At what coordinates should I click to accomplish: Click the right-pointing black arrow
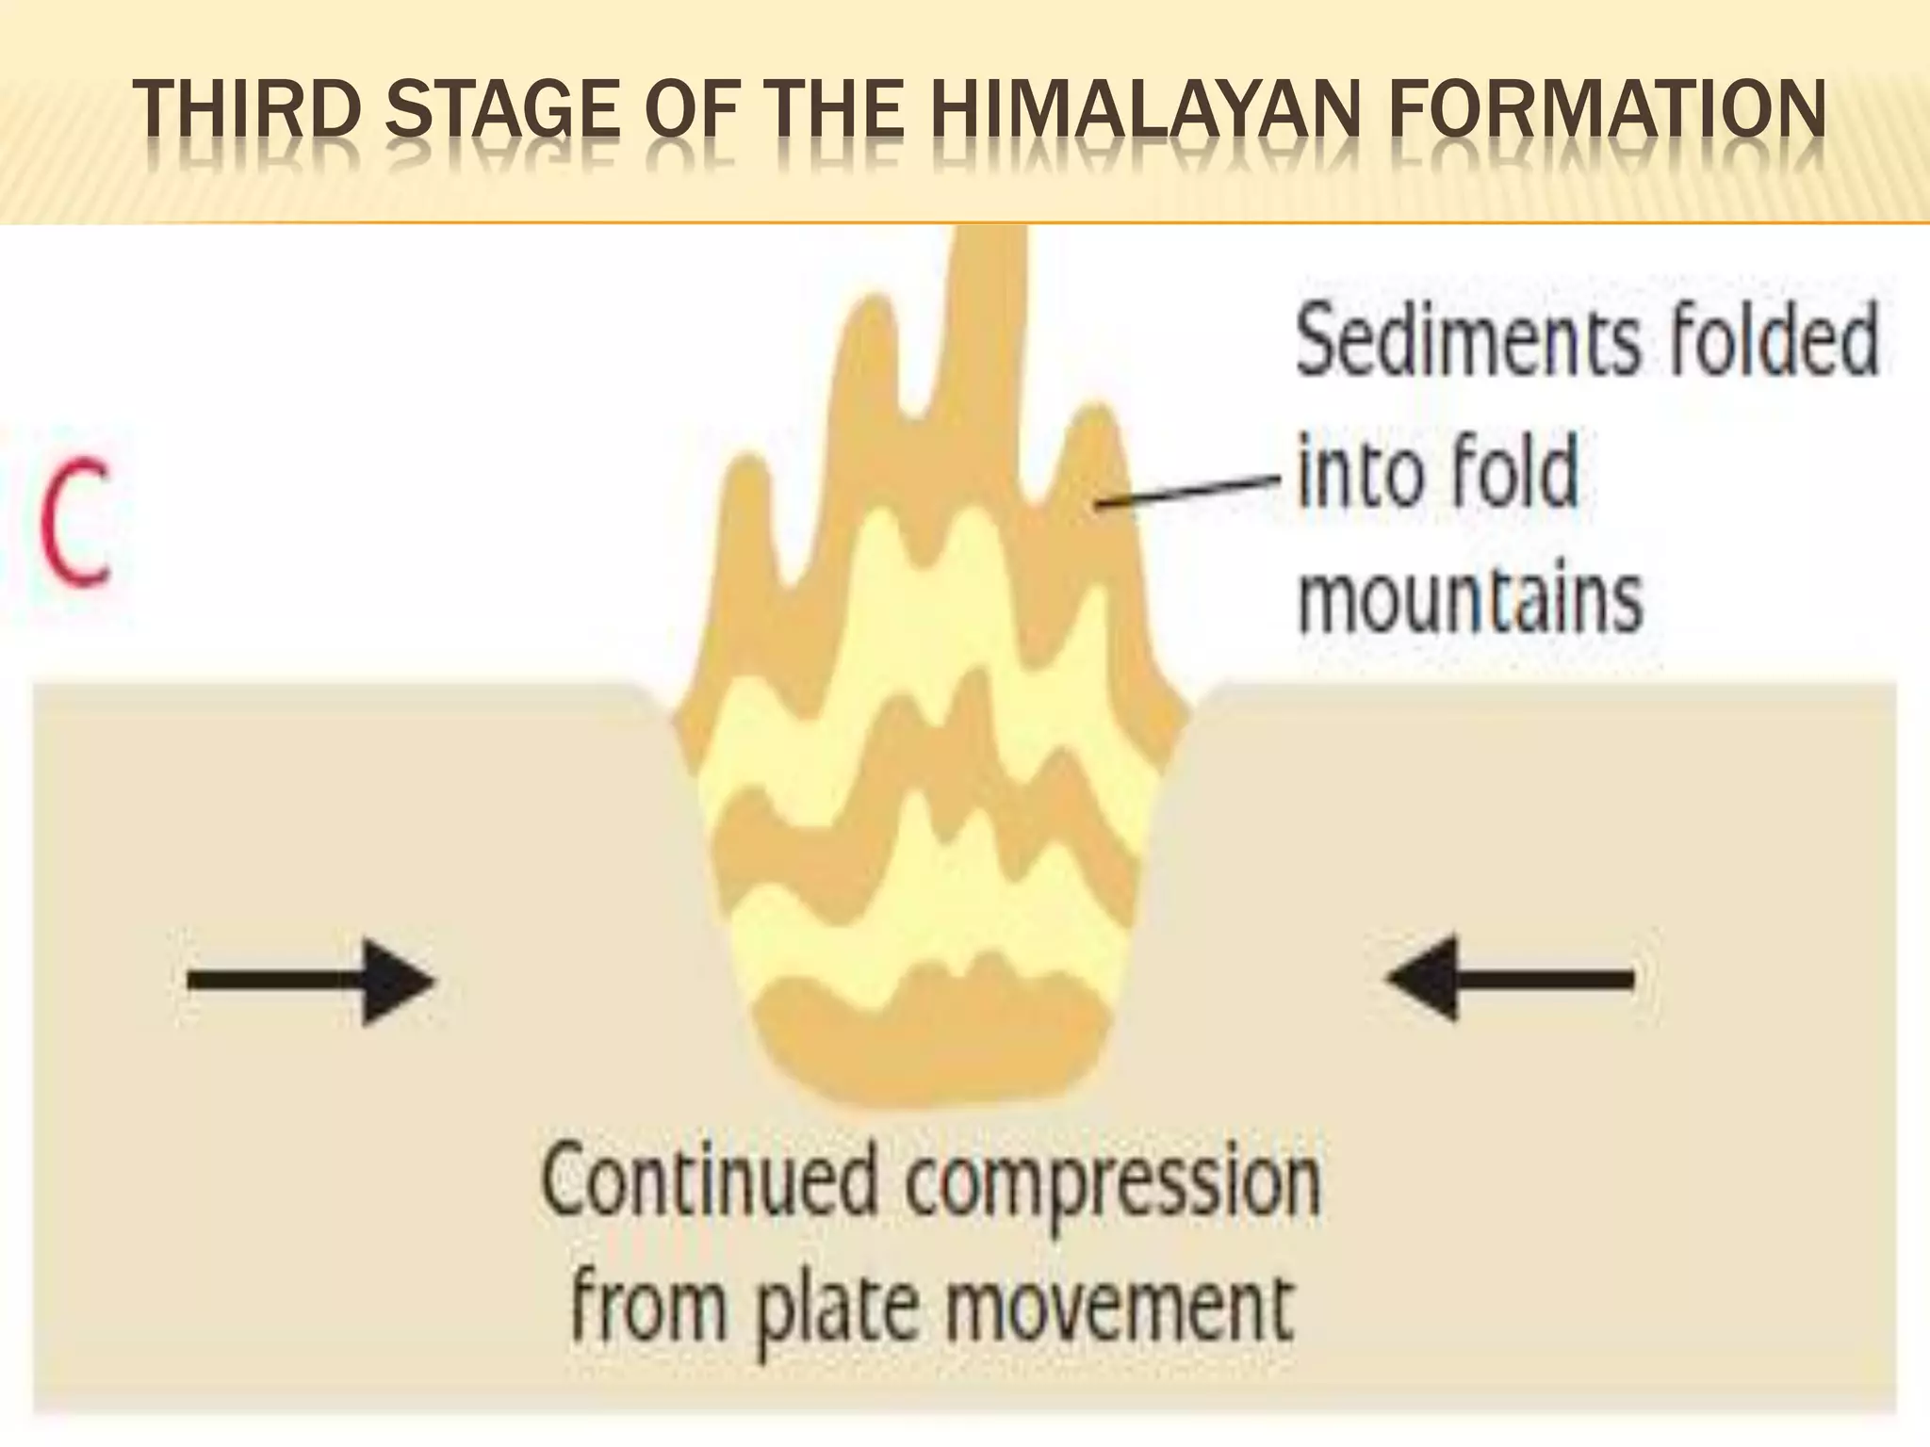[311, 981]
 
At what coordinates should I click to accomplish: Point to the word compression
[1112, 1185]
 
